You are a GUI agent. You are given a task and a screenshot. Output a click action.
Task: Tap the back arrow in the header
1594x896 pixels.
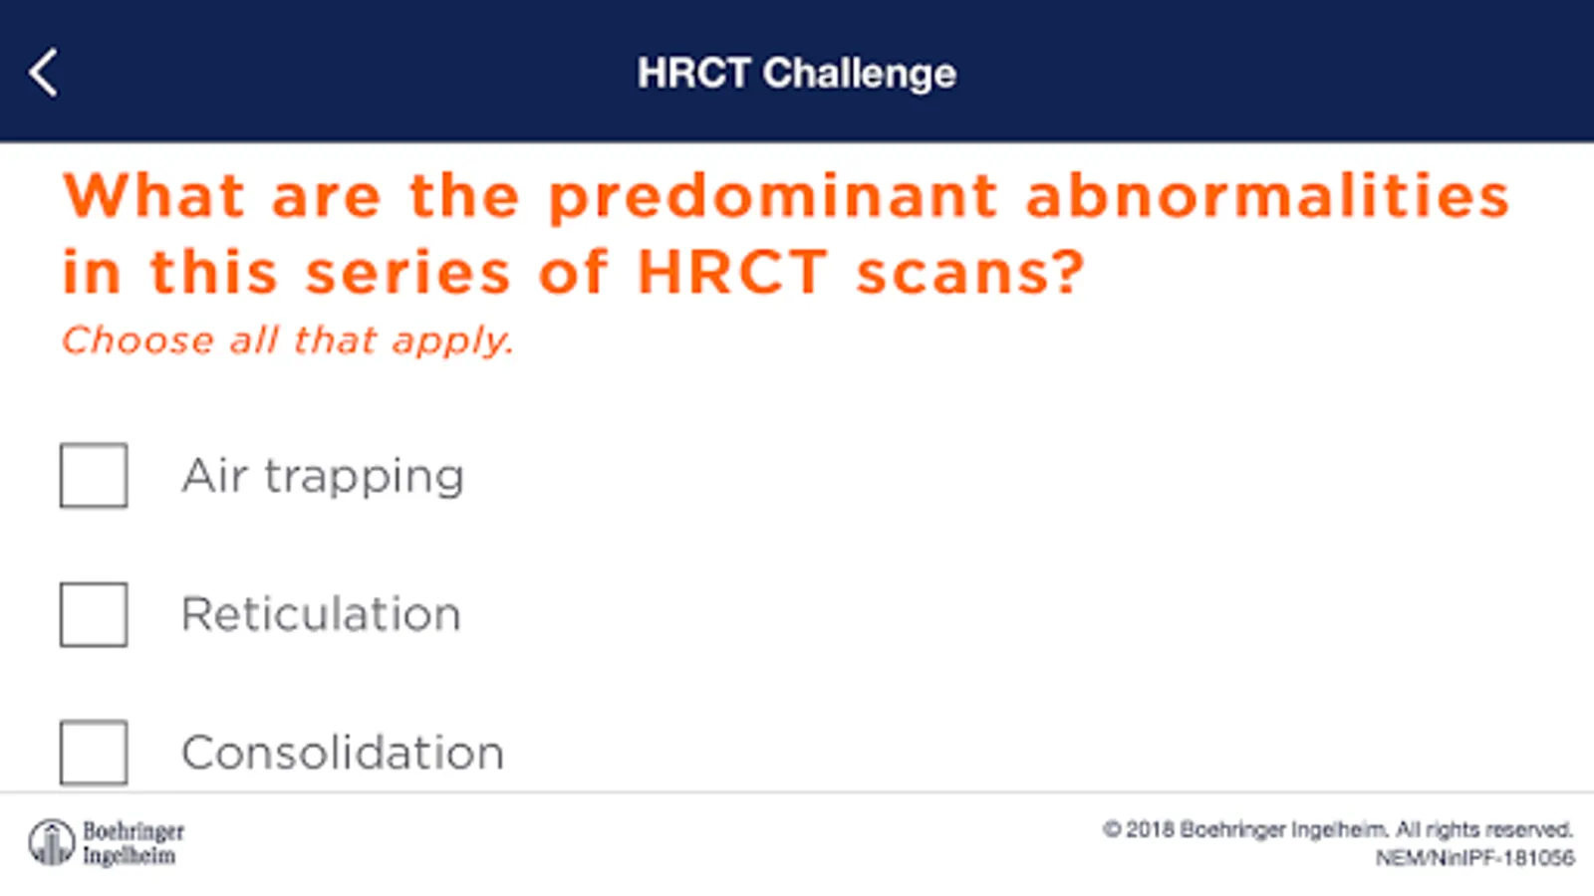[x=43, y=73]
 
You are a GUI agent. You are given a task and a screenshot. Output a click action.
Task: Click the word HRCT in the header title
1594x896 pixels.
[x=693, y=73]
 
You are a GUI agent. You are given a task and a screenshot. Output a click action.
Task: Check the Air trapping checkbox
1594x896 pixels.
[x=94, y=475]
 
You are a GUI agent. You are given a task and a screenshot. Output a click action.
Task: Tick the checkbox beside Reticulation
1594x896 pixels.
[x=94, y=614]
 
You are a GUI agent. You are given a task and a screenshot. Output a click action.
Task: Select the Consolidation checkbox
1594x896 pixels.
[x=94, y=753]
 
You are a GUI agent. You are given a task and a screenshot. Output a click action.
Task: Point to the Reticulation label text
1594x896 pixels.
[x=322, y=613]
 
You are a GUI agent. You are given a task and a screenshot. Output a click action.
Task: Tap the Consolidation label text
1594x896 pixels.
[x=343, y=753]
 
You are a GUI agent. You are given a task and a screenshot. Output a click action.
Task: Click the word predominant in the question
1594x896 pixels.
[x=773, y=198]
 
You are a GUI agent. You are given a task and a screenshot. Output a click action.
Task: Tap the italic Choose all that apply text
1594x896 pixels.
[x=288, y=339]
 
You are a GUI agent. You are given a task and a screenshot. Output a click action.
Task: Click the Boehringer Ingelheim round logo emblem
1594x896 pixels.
[x=51, y=842]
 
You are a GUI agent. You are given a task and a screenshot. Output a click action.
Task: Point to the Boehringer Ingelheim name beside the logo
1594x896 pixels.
[x=133, y=842]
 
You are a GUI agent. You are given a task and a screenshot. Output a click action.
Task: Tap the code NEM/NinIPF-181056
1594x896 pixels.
[x=1474, y=858]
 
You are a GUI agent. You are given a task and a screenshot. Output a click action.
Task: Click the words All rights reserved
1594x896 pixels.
[x=1483, y=830]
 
